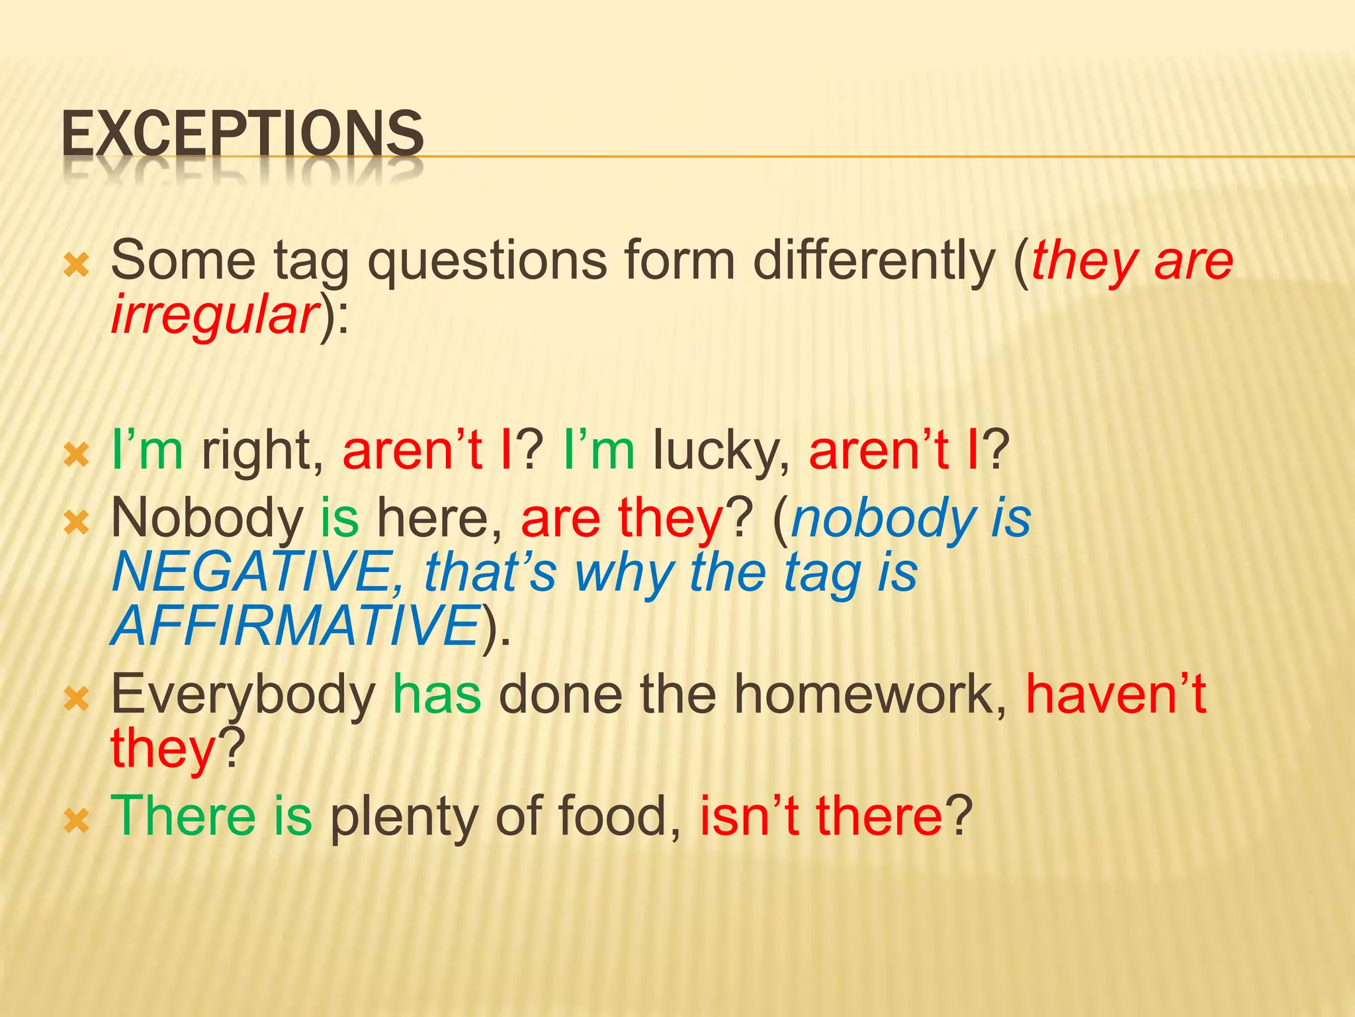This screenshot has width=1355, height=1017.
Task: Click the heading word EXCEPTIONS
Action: click(x=242, y=134)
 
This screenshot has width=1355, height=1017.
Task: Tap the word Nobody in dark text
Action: click(x=207, y=518)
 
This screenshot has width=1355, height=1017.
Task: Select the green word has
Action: click(x=437, y=695)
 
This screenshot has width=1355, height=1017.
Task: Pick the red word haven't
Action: click(x=1115, y=695)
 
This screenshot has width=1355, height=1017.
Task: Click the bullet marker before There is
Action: click(x=76, y=822)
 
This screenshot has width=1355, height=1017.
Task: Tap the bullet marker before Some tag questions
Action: click(x=76, y=266)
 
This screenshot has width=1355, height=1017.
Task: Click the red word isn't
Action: click(x=749, y=816)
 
